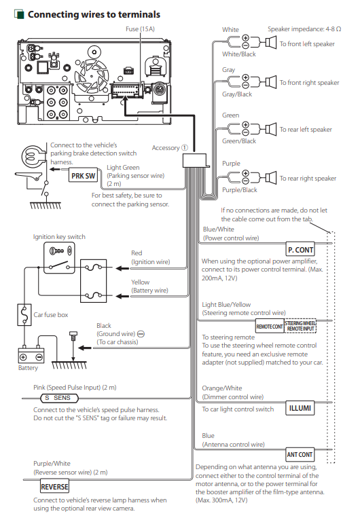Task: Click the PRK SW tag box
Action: point(84,176)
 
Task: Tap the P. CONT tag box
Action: point(300,250)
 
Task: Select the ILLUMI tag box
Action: point(300,408)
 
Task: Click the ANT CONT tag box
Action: point(300,455)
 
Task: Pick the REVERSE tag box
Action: point(54,487)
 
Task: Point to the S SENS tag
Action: point(60,398)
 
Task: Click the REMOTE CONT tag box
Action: point(270,327)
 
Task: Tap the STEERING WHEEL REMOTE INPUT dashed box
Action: point(300,326)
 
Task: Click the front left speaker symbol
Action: point(271,43)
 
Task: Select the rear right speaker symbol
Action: point(271,177)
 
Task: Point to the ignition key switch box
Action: point(59,258)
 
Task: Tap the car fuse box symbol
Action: point(24,314)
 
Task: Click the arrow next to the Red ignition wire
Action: point(122,268)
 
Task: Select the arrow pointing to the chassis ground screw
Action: point(85,348)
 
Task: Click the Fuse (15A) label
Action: point(140,29)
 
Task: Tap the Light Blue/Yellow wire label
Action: point(226,304)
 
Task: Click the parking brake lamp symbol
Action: point(33,156)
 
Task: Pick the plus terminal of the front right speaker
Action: point(245,77)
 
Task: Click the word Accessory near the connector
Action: point(166,148)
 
